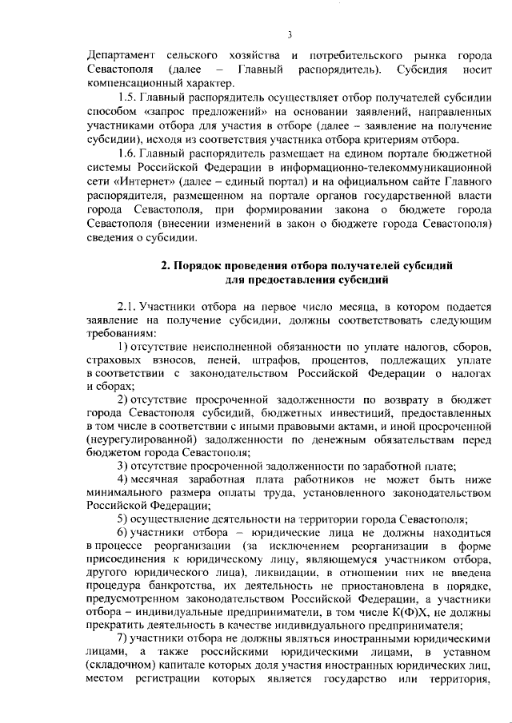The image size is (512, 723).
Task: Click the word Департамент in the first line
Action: pyautogui.click(x=119, y=55)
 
